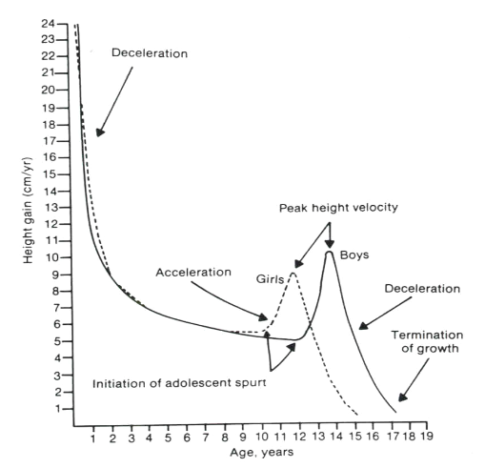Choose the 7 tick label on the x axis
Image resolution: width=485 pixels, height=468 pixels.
point(206,437)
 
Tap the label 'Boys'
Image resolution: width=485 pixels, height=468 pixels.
point(358,255)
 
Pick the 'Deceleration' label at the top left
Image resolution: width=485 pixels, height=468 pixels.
point(149,51)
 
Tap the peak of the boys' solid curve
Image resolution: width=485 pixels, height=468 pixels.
point(329,252)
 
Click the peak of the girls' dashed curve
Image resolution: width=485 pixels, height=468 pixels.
point(293,274)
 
